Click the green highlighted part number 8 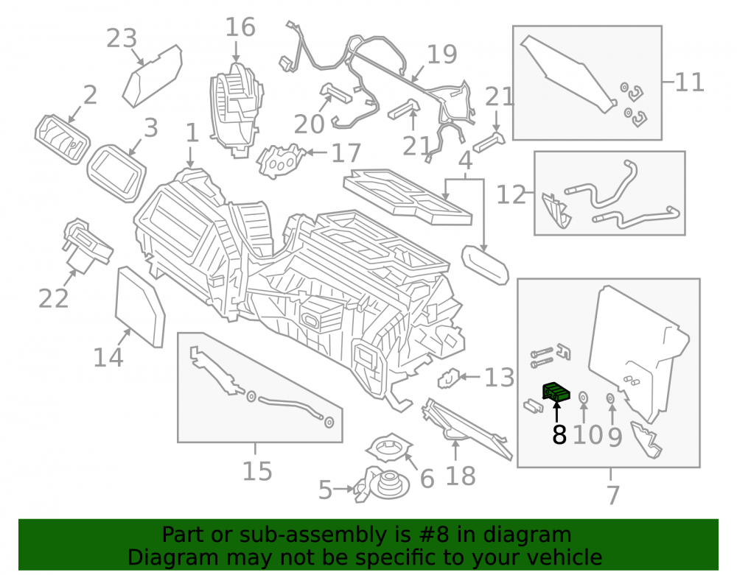tap(556, 392)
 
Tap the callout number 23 tap(122, 38)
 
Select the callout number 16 tap(240, 27)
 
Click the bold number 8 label tap(559, 434)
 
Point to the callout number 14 tap(108, 357)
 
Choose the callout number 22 tap(54, 298)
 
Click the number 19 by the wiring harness tap(441, 54)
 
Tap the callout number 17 tap(346, 153)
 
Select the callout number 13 tap(499, 378)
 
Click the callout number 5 tap(325, 490)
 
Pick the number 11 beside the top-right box tap(690, 82)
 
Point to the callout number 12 tap(511, 194)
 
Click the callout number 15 tap(257, 470)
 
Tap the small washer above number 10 tap(583, 397)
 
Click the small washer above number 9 tap(610, 398)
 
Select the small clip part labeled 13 tap(450, 378)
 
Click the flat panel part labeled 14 tap(140, 306)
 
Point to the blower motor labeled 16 tap(236, 108)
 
